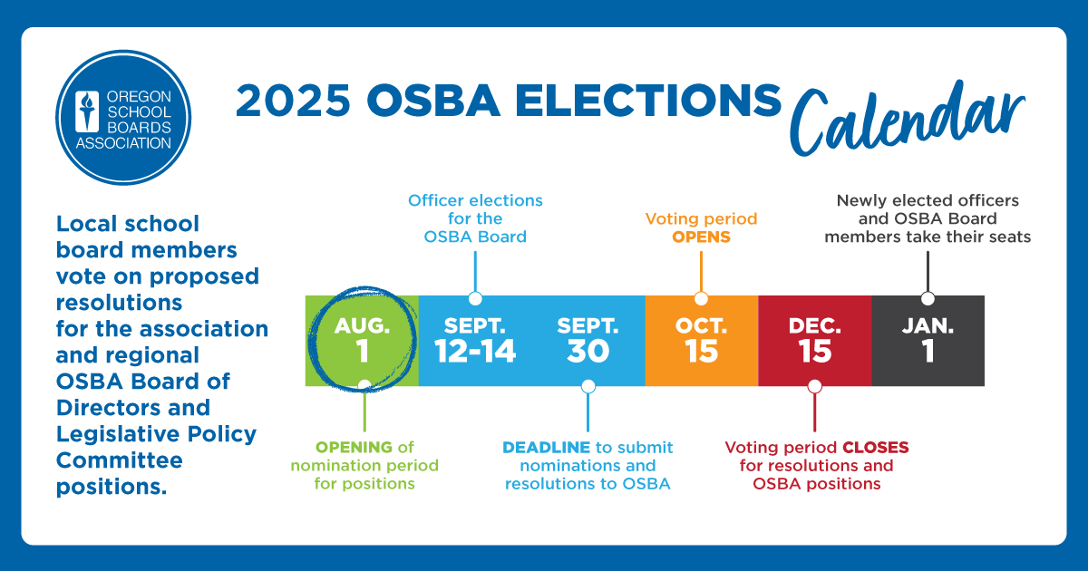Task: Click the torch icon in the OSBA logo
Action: [87, 111]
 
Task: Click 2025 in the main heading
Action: [293, 101]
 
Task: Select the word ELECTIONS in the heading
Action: [648, 101]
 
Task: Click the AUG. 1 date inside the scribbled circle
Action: [363, 340]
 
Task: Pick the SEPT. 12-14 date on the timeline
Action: [475, 340]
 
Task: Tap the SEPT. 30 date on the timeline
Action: [588, 340]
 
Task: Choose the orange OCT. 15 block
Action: [702, 341]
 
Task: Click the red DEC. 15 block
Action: [815, 341]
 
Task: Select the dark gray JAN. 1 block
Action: [928, 341]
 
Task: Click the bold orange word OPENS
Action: [702, 237]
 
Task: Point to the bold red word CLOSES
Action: [876, 447]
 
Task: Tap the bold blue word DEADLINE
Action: [547, 447]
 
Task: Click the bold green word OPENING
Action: [354, 447]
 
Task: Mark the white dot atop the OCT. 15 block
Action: [701, 298]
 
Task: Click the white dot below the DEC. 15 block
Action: [814, 386]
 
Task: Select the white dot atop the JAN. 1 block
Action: [928, 298]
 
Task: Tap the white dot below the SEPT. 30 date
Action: [588, 386]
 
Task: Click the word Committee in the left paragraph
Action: [120, 460]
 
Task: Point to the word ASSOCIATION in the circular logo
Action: [123, 143]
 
